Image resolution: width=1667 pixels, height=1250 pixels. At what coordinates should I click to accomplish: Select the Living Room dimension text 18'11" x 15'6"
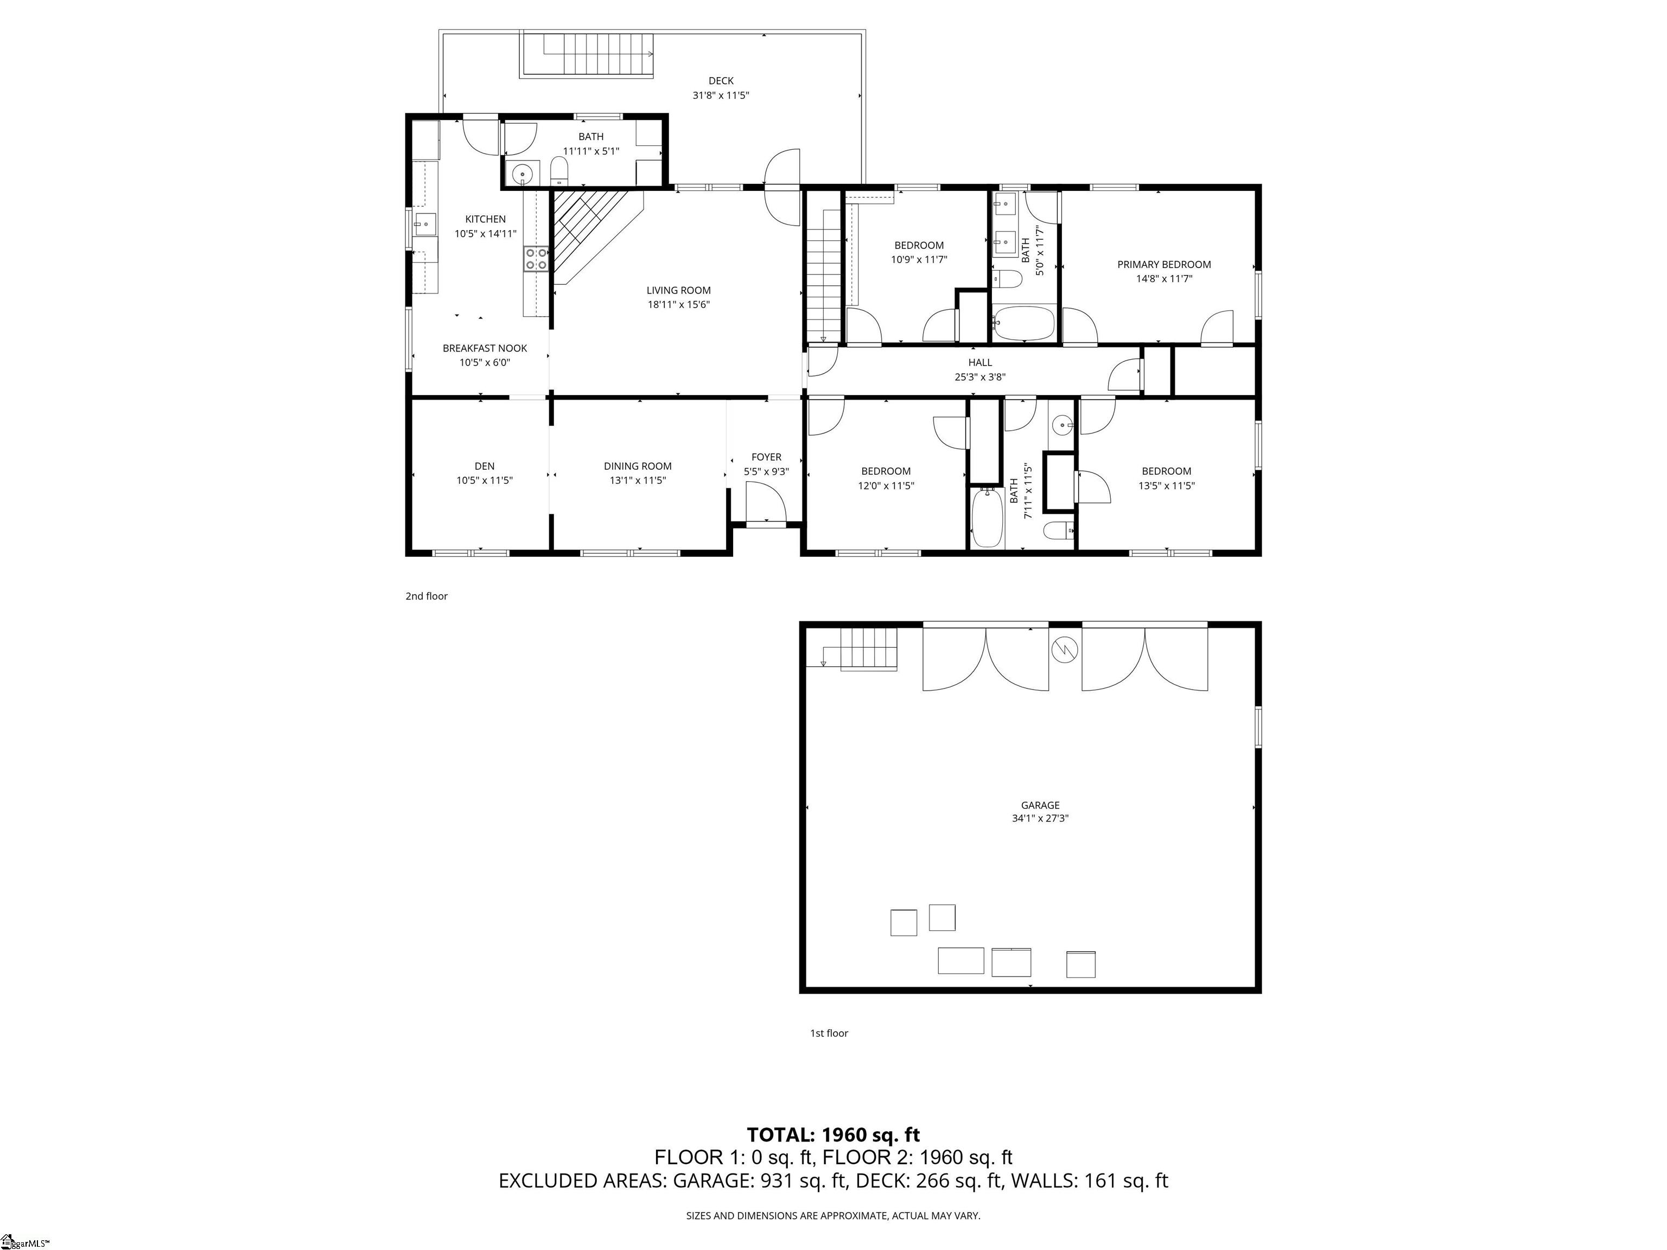click(678, 304)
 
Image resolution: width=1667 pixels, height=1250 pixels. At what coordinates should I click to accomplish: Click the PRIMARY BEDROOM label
click(1163, 264)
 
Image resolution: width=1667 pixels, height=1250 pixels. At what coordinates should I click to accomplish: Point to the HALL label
click(979, 362)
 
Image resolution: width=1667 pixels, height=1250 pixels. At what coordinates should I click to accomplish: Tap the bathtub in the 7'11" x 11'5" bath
click(987, 518)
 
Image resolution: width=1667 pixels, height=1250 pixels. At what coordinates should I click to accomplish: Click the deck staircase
click(586, 54)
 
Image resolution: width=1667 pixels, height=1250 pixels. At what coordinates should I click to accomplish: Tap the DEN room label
click(485, 467)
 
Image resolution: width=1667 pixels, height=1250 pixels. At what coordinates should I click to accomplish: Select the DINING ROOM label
click(638, 467)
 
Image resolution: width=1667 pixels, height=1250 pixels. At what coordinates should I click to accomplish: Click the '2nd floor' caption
click(427, 596)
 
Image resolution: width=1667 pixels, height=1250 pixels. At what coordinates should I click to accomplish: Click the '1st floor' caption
click(829, 1033)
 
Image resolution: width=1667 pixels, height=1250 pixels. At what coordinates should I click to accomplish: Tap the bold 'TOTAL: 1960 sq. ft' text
click(833, 1135)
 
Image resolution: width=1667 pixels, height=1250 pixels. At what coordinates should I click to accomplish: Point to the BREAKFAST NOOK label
click(485, 348)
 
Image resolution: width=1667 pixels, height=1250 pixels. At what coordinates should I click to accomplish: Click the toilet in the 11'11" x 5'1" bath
click(558, 170)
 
